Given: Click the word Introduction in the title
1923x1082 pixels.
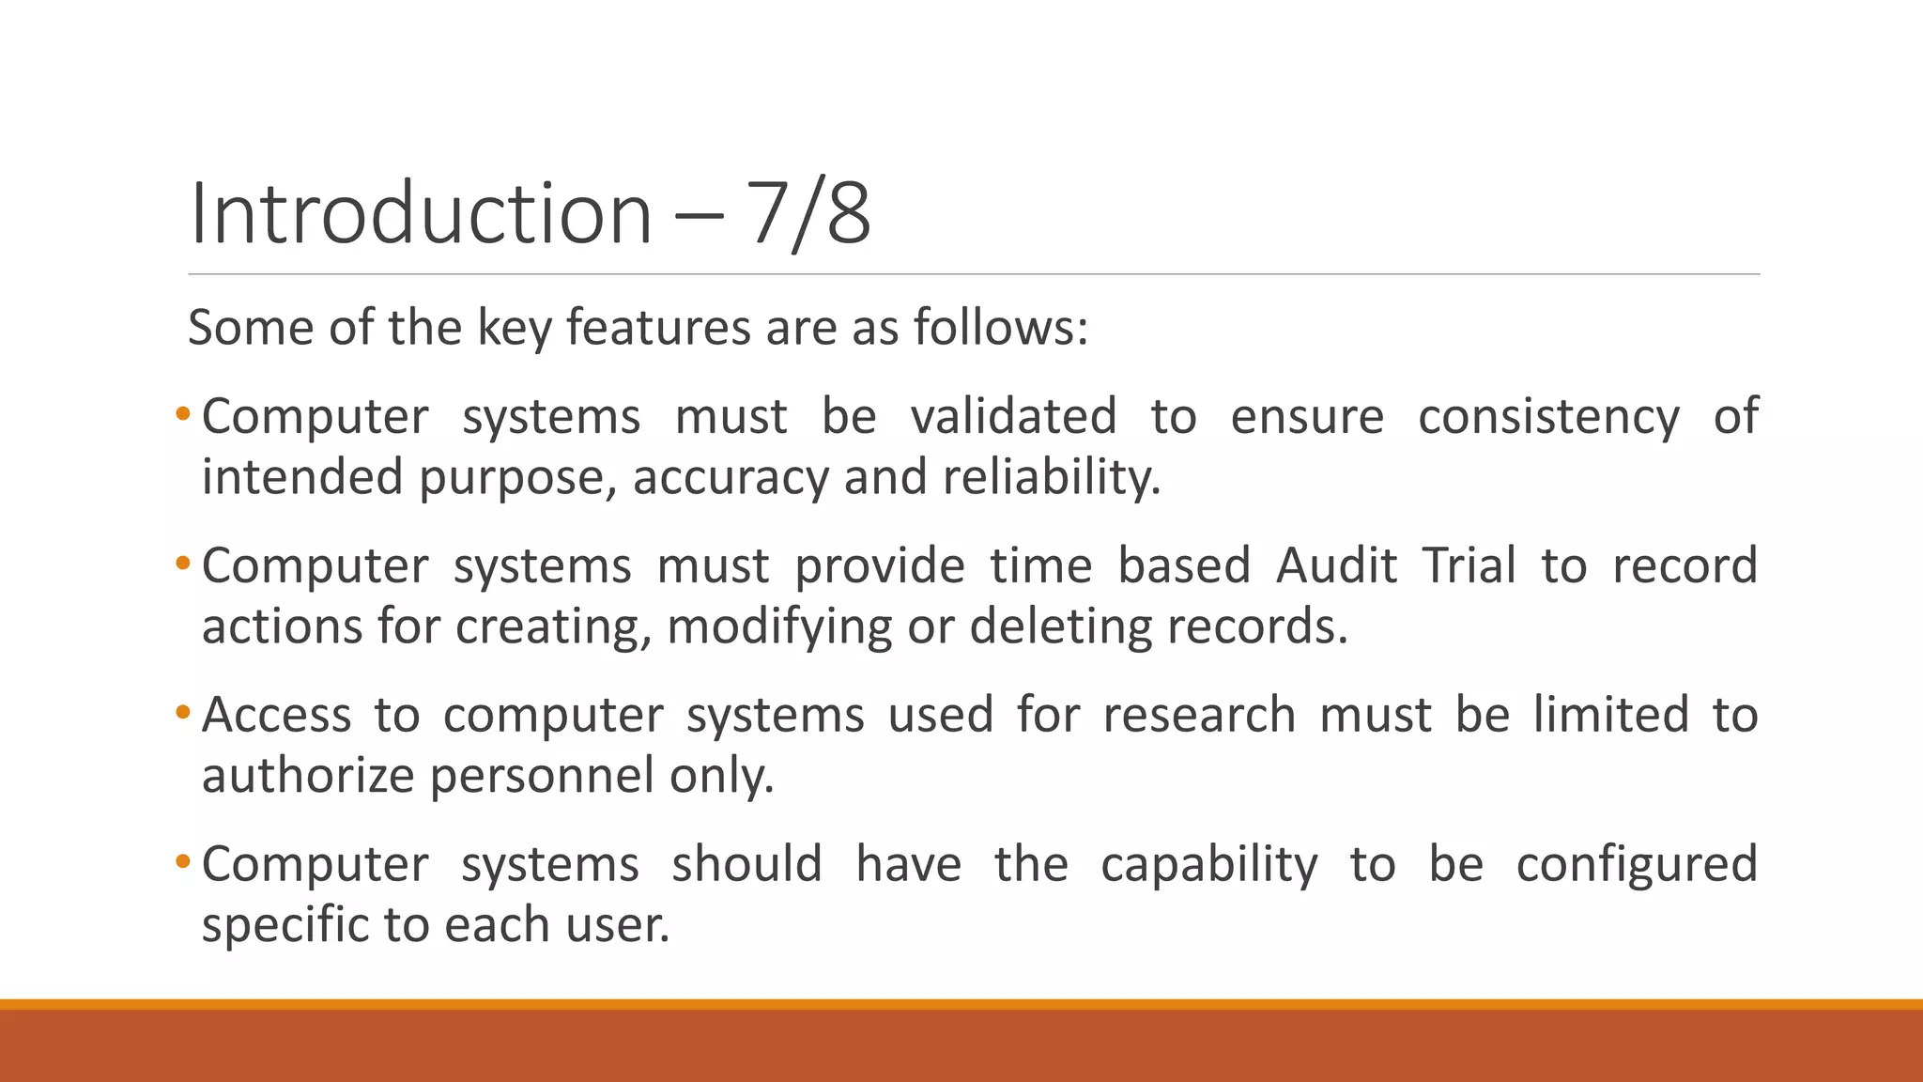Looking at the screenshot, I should pyautogui.click(x=420, y=214).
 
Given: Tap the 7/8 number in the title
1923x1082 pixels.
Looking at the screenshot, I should pyautogui.click(x=808, y=214).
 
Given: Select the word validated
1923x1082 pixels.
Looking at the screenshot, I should pyautogui.click(x=1014, y=416).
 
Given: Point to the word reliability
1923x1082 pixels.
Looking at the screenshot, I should pyautogui.click(x=1052, y=477).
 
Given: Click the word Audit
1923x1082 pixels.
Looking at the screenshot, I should pyautogui.click(x=1336, y=565).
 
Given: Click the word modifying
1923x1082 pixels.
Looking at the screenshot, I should pyautogui.click(x=779, y=626).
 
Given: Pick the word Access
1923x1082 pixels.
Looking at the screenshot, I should pyautogui.click(x=276, y=715).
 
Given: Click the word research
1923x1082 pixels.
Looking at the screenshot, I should pyautogui.click(x=1199, y=715).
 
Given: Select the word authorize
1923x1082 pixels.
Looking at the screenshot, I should pyautogui.click(x=308, y=776).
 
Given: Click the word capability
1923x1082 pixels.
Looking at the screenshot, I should pyautogui.click(x=1209, y=864).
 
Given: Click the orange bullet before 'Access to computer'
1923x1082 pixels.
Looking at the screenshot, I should pyautogui.click(x=182, y=712).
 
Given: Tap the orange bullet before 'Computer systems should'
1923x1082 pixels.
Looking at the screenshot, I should pyautogui.click(x=182, y=861).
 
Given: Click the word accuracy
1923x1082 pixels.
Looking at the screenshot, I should pyautogui.click(x=731, y=477).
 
